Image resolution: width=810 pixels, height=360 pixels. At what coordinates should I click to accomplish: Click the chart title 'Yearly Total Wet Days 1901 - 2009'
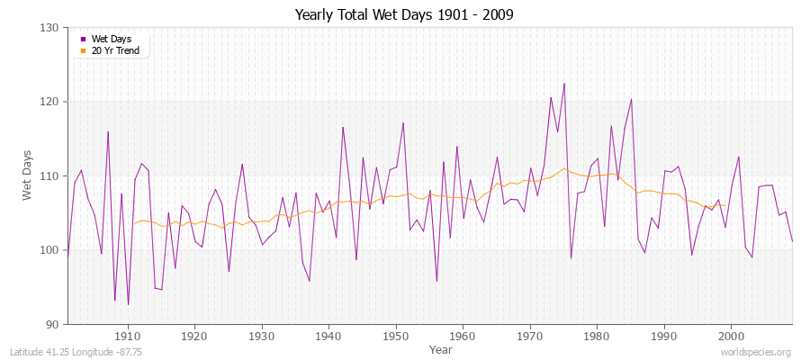[x=405, y=15]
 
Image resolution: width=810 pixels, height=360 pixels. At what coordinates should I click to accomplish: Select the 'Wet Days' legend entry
[x=109, y=39]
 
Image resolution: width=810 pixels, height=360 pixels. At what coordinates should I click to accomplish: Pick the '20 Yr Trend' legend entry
[x=113, y=49]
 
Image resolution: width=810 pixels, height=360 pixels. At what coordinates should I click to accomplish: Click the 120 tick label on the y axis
[x=50, y=102]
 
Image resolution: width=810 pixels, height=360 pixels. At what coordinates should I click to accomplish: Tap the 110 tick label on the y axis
[x=50, y=176]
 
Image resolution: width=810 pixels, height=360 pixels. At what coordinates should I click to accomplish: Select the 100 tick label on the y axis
[x=50, y=250]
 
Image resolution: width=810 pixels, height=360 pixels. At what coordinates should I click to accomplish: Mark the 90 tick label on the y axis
[x=53, y=324]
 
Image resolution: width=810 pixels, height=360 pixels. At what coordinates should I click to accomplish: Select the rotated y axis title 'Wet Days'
[x=28, y=176]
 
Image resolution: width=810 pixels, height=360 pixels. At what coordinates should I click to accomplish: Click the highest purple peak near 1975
[x=564, y=84]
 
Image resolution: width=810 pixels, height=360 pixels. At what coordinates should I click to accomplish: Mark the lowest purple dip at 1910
[x=128, y=304]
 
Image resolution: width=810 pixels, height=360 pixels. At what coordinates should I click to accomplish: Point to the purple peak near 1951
[x=403, y=122]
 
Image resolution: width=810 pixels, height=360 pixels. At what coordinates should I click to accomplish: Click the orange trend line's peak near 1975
[x=564, y=168]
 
